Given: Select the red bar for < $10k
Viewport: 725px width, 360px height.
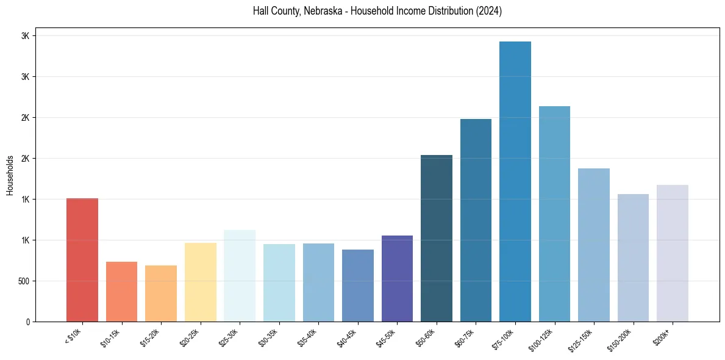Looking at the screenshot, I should click(82, 260).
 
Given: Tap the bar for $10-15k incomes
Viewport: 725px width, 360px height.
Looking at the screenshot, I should click(121, 292).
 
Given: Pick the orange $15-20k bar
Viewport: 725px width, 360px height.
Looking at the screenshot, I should click(161, 293).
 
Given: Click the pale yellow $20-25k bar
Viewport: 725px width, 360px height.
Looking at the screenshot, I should click(201, 282).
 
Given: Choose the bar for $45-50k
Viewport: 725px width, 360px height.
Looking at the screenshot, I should click(397, 278).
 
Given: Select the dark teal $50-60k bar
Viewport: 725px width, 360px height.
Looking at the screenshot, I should click(437, 238).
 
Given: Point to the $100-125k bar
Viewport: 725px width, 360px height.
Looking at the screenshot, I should click(554, 214).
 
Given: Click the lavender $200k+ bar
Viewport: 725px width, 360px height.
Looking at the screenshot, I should click(673, 253).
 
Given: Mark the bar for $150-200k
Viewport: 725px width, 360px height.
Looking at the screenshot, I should click(633, 257).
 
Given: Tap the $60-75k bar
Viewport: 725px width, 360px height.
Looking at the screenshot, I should click(476, 220).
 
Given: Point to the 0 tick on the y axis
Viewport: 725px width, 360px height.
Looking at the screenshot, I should click(27, 322).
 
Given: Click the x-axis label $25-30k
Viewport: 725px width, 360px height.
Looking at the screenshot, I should click(228, 337).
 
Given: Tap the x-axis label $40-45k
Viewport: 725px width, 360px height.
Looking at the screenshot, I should click(346, 337).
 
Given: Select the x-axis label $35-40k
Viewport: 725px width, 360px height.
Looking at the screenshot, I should click(307, 337).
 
